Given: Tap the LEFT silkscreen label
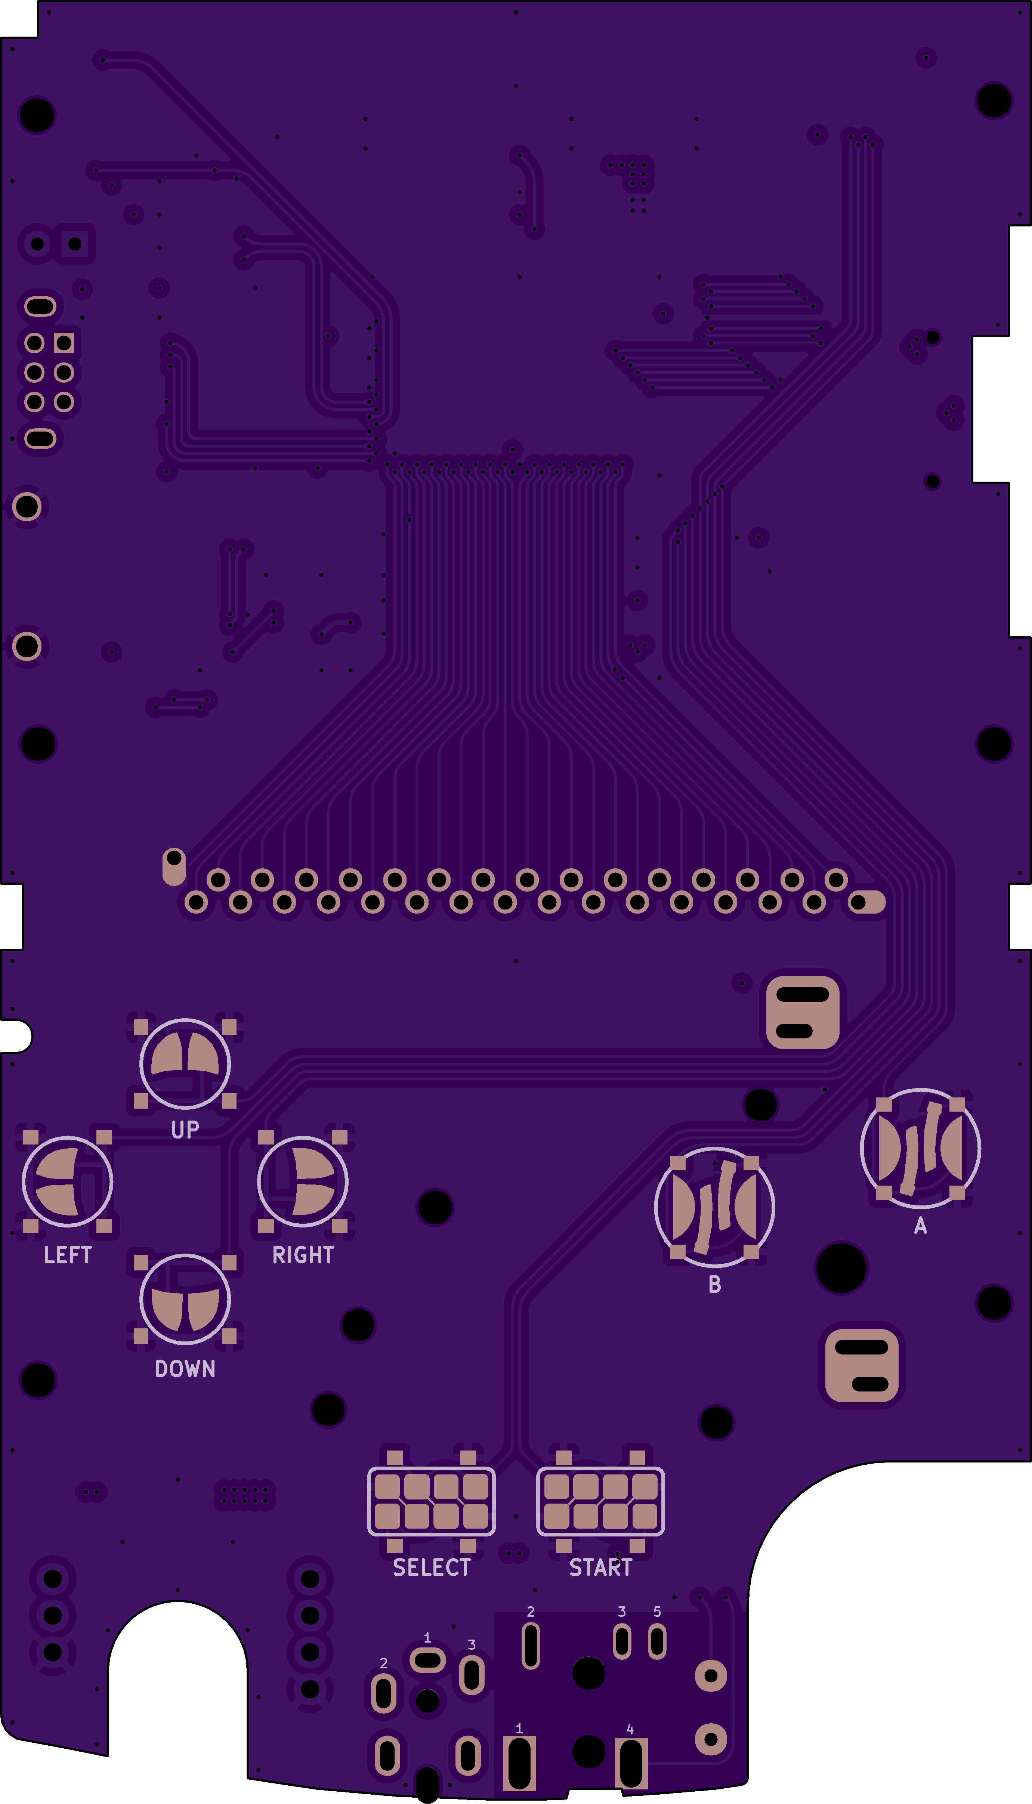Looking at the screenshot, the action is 67,1255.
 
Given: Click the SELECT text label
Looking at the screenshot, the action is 432,1567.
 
